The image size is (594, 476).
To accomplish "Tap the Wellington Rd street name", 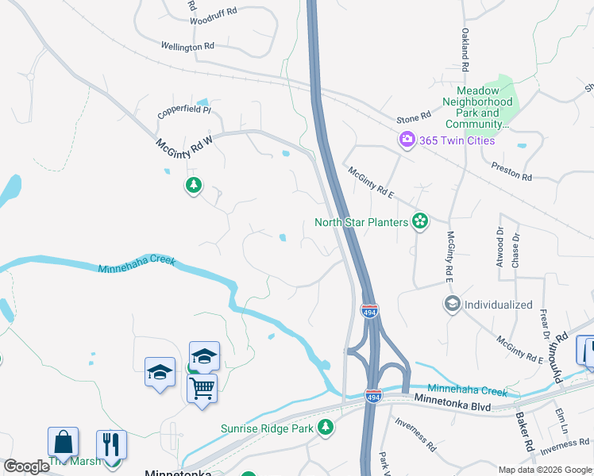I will (187, 47).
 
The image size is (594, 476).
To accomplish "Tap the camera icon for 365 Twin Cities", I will (407, 140).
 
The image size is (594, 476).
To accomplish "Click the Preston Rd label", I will (511, 171).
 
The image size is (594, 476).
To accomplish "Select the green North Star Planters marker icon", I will (420, 222).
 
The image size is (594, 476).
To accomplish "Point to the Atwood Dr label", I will (500, 248).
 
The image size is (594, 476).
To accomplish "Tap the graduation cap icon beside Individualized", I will (452, 304).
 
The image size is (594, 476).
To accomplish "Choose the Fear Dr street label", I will (545, 326).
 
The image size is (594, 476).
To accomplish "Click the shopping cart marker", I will (202, 389).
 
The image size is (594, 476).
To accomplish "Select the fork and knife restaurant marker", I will (111, 444).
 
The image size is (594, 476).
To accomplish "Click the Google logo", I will (27, 466).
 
